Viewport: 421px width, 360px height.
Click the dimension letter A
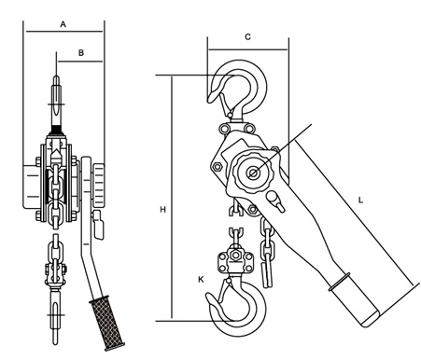63,24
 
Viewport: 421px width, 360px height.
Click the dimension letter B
81,53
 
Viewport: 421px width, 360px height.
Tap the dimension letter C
247,37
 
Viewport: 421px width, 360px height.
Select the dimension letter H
162,210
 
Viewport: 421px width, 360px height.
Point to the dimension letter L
360,201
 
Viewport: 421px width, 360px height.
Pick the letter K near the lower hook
201,280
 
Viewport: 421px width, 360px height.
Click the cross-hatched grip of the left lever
107,323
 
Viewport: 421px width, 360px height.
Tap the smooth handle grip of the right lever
356,300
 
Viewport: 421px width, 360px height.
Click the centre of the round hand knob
253,173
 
